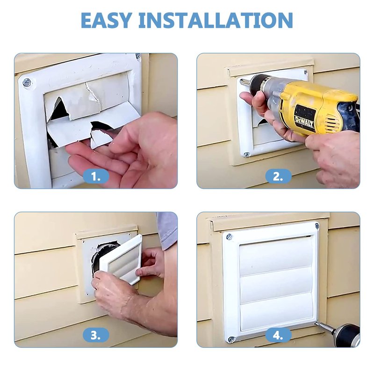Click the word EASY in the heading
pyautogui.click(x=107, y=20)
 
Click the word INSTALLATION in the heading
pyautogui.click(x=216, y=20)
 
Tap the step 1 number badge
pyautogui.click(x=96, y=177)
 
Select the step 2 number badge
pyautogui.click(x=278, y=177)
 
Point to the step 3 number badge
pyautogui.click(x=96, y=335)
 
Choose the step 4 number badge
pyautogui.click(x=278, y=335)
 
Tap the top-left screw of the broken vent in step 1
pyautogui.click(x=27, y=83)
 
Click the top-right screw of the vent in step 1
pyautogui.click(x=138, y=56)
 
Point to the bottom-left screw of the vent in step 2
pyautogui.click(x=247, y=155)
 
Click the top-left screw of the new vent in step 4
pyautogui.click(x=229, y=237)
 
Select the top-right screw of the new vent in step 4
pyautogui.click(x=317, y=226)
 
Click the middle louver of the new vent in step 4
pyautogui.click(x=277, y=284)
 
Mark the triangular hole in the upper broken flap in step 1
pyautogui.click(x=58, y=110)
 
